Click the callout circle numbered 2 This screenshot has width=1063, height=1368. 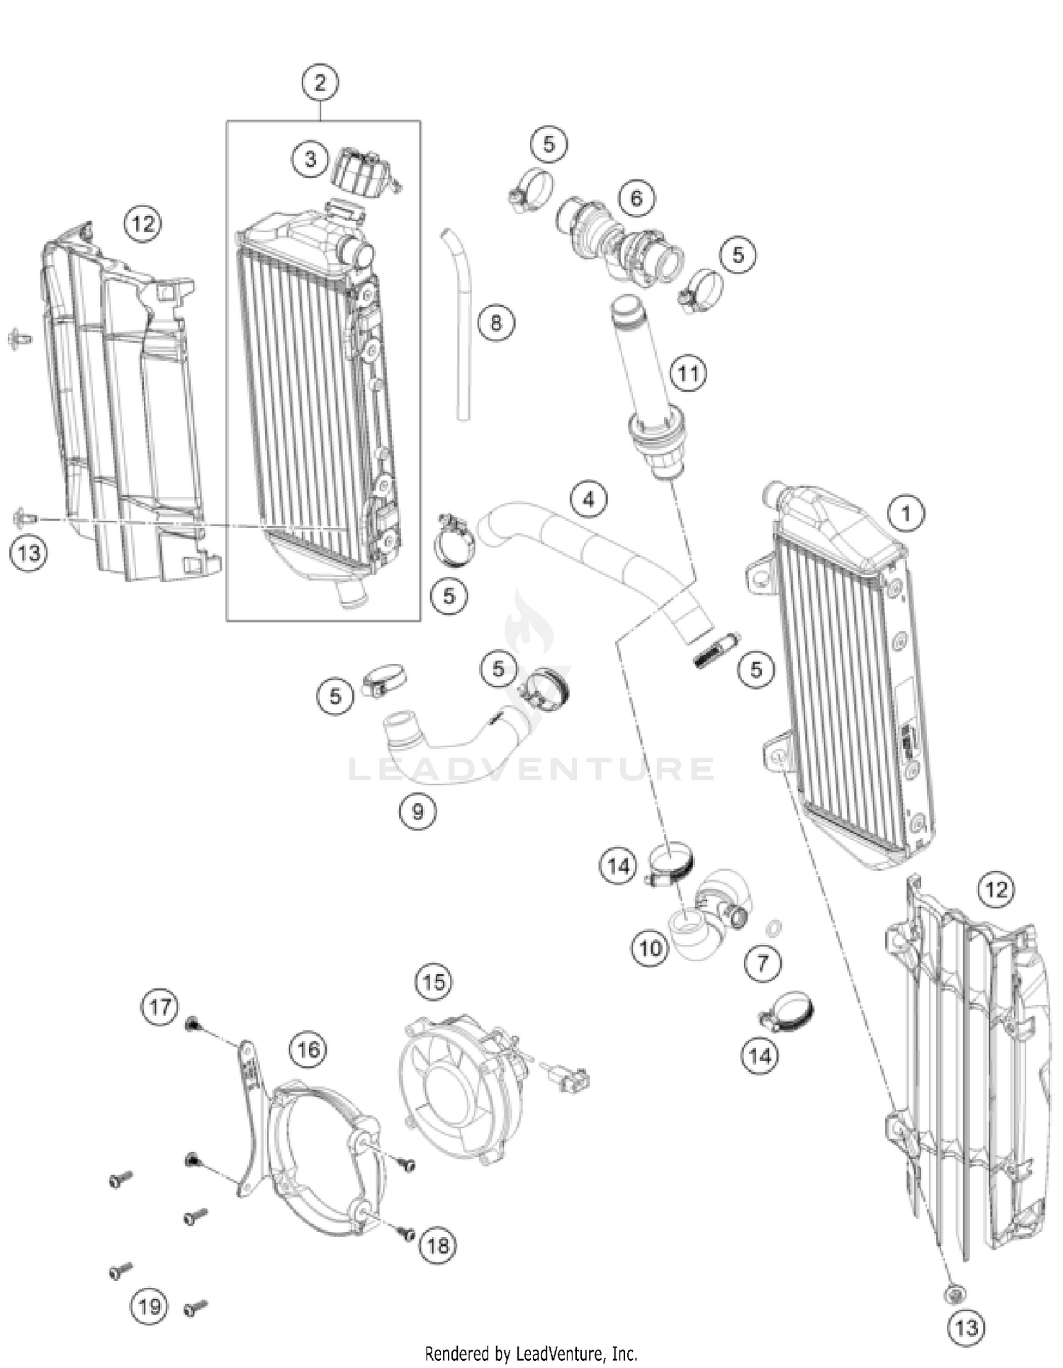(x=320, y=83)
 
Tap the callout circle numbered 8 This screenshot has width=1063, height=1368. (x=495, y=323)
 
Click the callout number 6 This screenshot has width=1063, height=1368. (x=636, y=198)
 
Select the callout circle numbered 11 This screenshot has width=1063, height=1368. (x=688, y=373)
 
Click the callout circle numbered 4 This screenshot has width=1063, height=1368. (x=589, y=500)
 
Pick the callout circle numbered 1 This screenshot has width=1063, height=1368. (x=906, y=512)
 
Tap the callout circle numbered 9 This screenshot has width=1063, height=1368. (x=417, y=811)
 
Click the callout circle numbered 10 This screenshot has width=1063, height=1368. (x=650, y=948)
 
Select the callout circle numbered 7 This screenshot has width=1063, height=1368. (x=763, y=963)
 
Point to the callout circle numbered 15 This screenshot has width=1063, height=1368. (x=434, y=982)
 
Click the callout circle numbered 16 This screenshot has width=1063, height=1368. (x=308, y=1048)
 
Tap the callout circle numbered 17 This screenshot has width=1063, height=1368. (x=160, y=1007)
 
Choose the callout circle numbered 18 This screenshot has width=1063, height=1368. (x=437, y=1245)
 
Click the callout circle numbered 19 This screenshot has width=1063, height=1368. (x=150, y=1306)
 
